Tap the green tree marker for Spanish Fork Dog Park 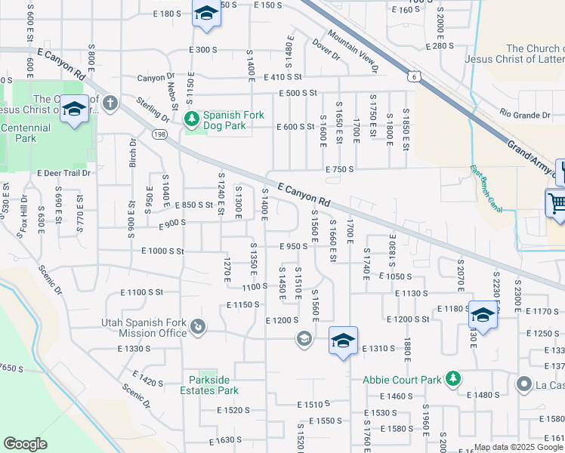(191, 119)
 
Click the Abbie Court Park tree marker (452, 378)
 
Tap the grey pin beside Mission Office (197, 326)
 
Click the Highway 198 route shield (159, 134)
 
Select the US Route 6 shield (413, 75)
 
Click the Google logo (25, 444)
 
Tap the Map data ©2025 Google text (518, 447)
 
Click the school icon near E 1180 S (483, 314)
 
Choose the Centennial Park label (26, 134)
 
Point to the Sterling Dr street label (153, 109)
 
